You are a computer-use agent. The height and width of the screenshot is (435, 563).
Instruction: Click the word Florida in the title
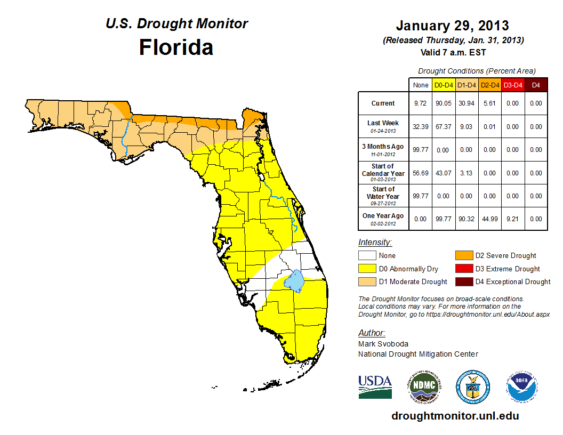(176, 47)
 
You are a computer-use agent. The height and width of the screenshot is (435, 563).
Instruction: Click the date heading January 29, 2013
(452, 26)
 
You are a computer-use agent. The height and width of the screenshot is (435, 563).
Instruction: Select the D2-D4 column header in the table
(489, 85)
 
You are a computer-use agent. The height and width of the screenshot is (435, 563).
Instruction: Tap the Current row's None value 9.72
(421, 103)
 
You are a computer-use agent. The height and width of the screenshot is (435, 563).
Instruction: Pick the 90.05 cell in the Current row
(444, 103)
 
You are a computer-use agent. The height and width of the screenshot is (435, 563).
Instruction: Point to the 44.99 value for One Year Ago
(489, 219)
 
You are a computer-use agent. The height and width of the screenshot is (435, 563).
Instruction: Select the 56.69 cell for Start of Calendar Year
(421, 173)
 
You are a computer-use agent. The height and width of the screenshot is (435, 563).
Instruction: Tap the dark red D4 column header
(536, 85)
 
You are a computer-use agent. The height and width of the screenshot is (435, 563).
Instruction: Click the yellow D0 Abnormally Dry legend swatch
(367, 269)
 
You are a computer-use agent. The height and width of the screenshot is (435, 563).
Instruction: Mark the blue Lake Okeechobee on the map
(294, 279)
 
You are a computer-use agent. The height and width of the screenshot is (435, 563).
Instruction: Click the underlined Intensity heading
(375, 243)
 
